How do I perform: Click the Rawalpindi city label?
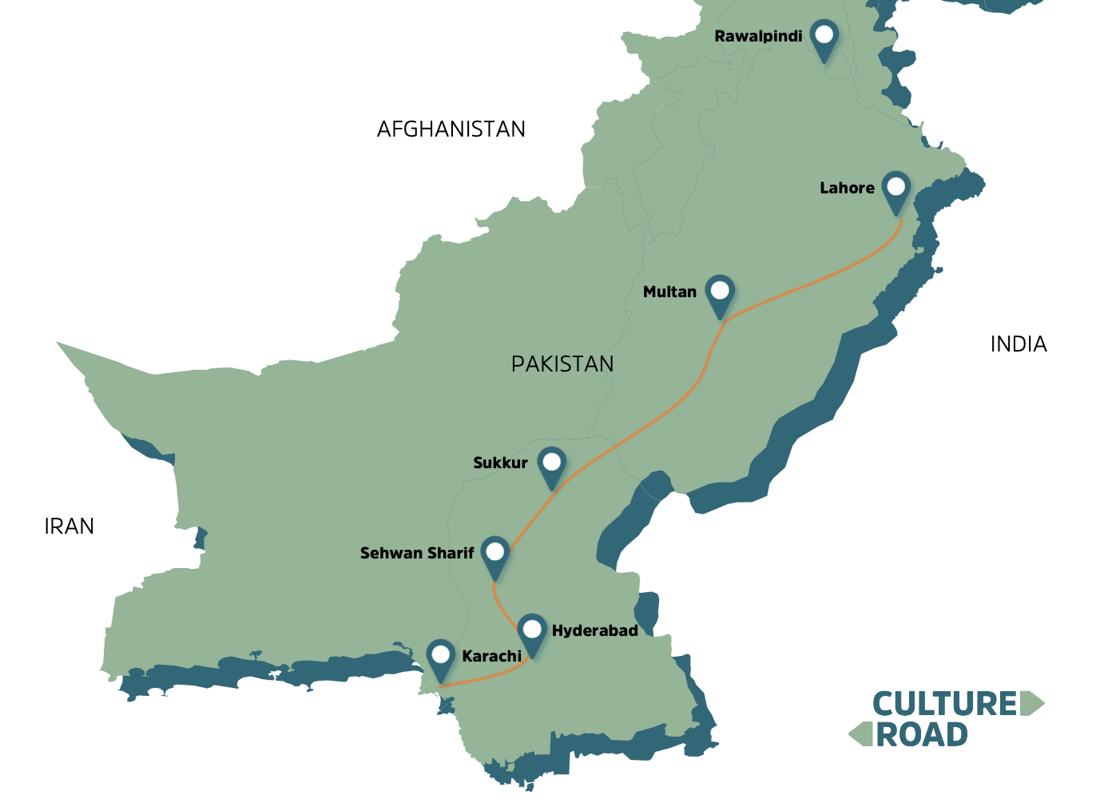click(757, 37)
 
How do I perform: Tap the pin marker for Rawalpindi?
click(823, 36)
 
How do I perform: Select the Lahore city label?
click(847, 189)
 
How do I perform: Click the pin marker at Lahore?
click(895, 189)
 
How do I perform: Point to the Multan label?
click(669, 292)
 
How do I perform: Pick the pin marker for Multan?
click(720, 292)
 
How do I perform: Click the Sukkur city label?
click(500, 463)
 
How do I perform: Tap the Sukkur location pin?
click(551, 463)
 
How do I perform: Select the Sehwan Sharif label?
click(416, 553)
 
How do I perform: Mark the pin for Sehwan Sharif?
click(495, 553)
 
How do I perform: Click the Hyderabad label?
click(594, 631)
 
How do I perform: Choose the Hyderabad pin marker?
click(531, 631)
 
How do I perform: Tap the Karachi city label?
click(491, 657)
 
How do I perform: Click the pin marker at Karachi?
click(440, 657)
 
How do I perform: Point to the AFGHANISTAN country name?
click(451, 129)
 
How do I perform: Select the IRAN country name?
click(69, 527)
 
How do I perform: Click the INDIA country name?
click(1018, 344)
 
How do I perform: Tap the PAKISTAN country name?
click(562, 364)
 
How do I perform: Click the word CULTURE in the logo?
click(944, 705)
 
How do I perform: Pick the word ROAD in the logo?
click(922, 735)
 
